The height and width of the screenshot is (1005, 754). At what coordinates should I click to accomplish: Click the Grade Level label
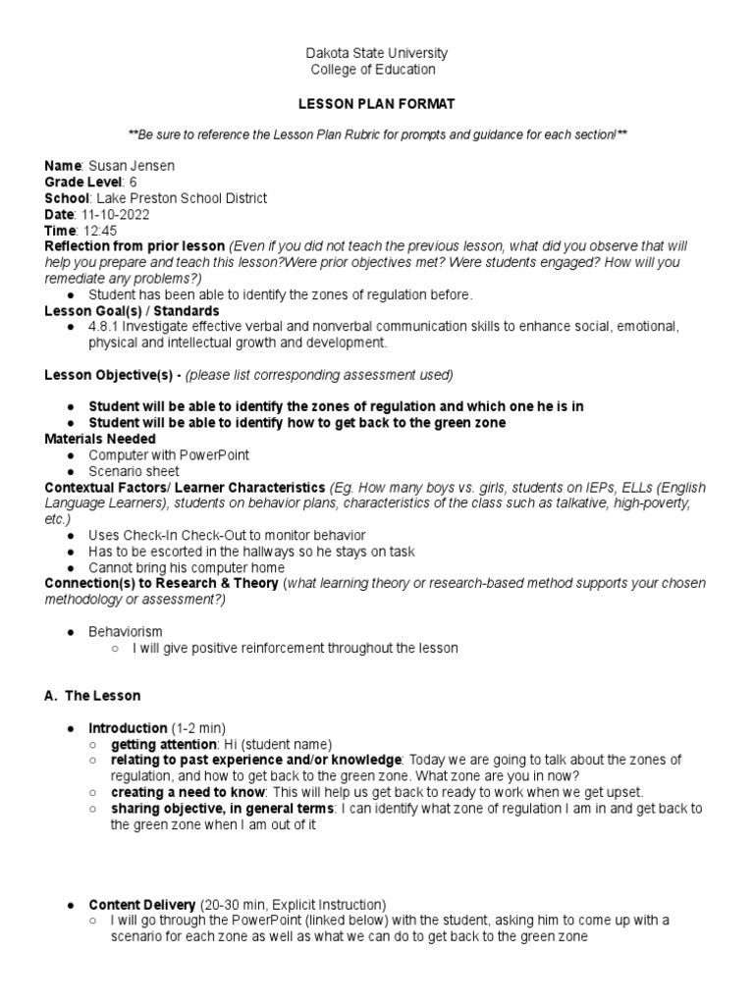coord(82,182)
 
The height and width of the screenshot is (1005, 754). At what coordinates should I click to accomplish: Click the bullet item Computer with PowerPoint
coord(169,455)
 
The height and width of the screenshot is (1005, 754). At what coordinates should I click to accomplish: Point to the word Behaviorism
coord(126,632)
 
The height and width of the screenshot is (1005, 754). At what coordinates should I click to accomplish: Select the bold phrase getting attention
coord(157,744)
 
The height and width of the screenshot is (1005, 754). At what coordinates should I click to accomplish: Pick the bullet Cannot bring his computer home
coord(186,567)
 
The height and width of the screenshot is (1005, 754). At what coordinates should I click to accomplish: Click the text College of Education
coord(372,70)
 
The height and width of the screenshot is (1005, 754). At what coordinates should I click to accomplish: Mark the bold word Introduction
coord(128,728)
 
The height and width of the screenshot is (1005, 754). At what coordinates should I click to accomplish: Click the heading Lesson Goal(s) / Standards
coord(132,310)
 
